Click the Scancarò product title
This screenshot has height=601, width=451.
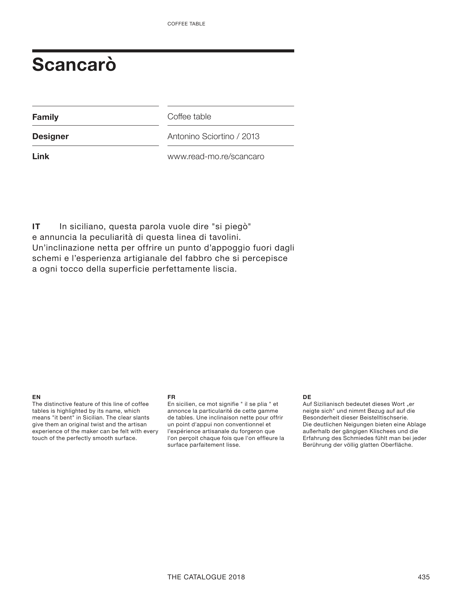tap(74, 65)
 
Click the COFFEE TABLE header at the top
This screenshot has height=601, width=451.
tap(186, 24)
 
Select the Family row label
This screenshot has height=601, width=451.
tap(45, 117)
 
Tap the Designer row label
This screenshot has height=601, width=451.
tap(50, 136)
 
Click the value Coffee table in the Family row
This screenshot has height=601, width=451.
tap(189, 117)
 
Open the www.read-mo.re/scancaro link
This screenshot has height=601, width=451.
tap(216, 156)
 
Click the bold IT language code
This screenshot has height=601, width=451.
tap(36, 226)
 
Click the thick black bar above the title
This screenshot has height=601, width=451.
tap(163, 51)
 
